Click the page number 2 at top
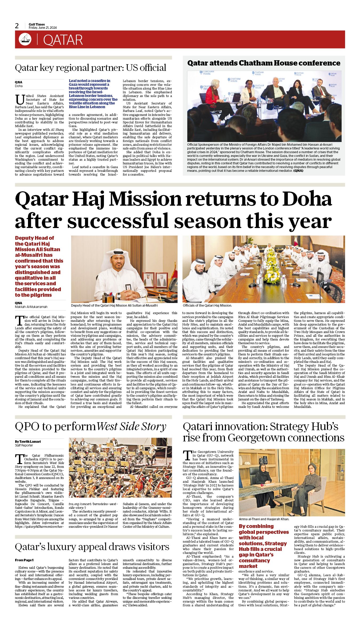(17, 26)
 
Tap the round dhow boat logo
(25, 39)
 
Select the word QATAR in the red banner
(63, 40)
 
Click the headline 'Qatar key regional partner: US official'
(91, 68)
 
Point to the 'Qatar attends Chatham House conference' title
(264, 63)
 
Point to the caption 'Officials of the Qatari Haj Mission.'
(207, 306)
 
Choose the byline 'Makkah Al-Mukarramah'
(31, 307)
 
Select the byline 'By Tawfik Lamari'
(28, 441)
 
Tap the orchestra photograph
(120, 468)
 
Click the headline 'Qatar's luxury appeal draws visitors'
(92, 547)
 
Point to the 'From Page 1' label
(24, 560)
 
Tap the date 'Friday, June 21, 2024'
(43, 28)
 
